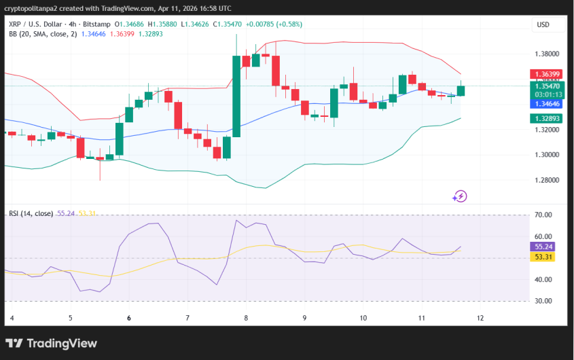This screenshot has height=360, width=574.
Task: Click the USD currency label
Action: (x=543, y=24)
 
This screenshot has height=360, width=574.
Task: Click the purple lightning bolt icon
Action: (x=460, y=196)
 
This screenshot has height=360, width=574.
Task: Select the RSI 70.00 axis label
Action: (x=543, y=215)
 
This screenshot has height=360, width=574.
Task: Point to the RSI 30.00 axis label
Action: (x=543, y=301)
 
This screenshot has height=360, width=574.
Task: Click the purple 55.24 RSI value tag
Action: (x=543, y=247)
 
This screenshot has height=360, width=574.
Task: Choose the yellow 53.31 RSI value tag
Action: (x=543, y=257)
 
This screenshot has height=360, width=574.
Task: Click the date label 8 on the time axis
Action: (x=246, y=318)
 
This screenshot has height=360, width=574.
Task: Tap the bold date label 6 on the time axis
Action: (x=129, y=318)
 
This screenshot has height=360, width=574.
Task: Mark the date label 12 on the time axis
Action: (x=480, y=318)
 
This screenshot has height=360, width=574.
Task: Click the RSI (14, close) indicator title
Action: (x=31, y=213)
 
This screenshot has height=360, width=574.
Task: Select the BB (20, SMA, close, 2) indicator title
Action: (x=42, y=33)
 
